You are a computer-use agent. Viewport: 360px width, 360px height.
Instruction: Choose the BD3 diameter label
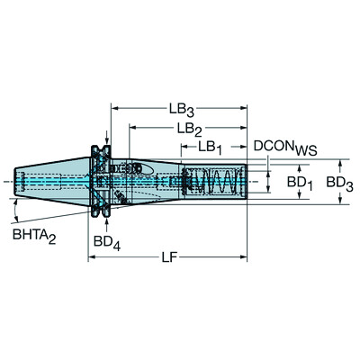coord(339,183)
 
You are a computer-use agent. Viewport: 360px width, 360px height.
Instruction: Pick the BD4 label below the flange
coord(105,242)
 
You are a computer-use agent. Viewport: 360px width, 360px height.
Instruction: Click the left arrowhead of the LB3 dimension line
coord(114,105)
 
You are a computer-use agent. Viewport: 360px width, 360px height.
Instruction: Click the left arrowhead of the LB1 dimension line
coord(182,145)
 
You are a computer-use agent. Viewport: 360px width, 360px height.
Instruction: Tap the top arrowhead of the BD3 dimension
coord(340,164)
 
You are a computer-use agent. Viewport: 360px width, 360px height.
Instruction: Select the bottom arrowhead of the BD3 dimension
coord(340,202)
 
